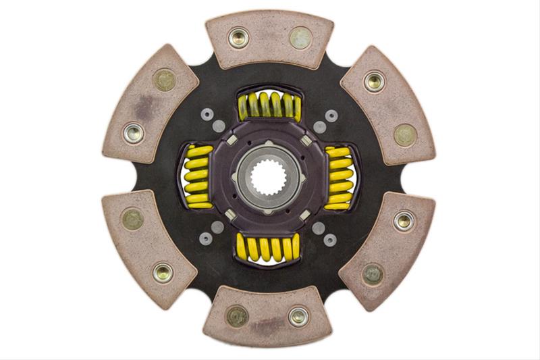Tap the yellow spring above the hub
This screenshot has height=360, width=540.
269,105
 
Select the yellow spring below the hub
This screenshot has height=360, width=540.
269,248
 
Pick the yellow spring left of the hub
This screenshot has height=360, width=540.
198,176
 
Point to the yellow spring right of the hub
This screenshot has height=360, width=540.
339,177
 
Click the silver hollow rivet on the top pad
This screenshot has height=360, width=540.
238,37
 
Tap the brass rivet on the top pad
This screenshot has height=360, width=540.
300,37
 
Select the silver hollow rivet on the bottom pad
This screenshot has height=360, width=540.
298,316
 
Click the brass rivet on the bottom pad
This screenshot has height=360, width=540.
237,316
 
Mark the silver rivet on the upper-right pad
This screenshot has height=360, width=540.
374,82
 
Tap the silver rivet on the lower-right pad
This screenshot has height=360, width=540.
404,221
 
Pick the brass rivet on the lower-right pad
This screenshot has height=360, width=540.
373,273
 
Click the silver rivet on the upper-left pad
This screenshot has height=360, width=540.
134,133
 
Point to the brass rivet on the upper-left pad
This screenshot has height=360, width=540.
164,80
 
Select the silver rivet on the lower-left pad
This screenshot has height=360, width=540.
163,272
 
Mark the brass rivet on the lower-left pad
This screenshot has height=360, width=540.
132,218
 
